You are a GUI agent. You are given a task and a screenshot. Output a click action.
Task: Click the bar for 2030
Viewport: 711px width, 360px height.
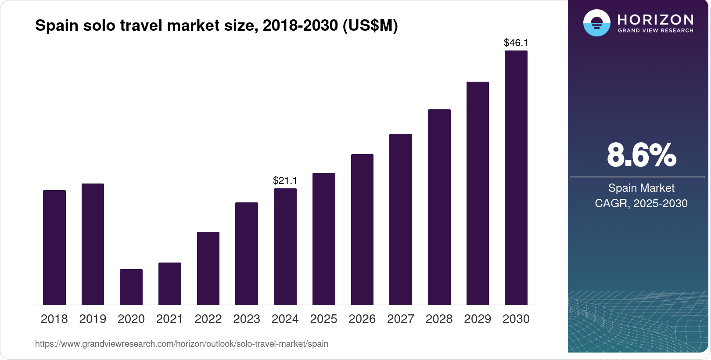[x=516, y=178]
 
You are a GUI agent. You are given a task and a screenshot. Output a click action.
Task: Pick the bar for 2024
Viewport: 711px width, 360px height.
[x=285, y=246]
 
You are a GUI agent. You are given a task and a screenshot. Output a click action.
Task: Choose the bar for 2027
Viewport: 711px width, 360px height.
[x=401, y=219]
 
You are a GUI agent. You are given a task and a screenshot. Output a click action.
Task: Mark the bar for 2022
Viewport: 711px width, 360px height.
[x=208, y=268]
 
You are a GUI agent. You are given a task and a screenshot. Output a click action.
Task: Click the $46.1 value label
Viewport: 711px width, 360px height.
[x=516, y=43]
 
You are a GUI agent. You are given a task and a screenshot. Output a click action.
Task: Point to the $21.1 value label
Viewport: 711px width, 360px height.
[x=285, y=180]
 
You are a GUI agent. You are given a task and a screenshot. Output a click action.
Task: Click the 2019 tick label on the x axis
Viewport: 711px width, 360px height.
[x=93, y=319]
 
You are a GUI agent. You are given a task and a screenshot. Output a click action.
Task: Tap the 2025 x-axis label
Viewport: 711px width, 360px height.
[x=323, y=319]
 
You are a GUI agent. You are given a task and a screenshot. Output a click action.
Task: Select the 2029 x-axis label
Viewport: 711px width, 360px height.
[x=478, y=319]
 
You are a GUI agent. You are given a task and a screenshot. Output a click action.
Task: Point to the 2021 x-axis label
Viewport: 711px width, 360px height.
[x=169, y=319]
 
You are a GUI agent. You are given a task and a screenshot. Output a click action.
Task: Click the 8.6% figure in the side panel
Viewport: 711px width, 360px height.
[x=641, y=155]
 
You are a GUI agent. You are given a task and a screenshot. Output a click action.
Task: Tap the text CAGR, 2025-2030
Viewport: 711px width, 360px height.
[x=641, y=203]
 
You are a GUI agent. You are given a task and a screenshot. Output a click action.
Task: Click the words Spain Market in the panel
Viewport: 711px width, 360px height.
[x=641, y=188]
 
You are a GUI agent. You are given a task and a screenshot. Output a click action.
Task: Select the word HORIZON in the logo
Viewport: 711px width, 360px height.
[x=655, y=20]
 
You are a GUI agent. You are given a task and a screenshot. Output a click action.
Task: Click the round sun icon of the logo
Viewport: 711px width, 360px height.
[x=597, y=23]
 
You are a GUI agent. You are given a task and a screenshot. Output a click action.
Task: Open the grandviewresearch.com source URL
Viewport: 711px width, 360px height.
[x=182, y=344]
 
